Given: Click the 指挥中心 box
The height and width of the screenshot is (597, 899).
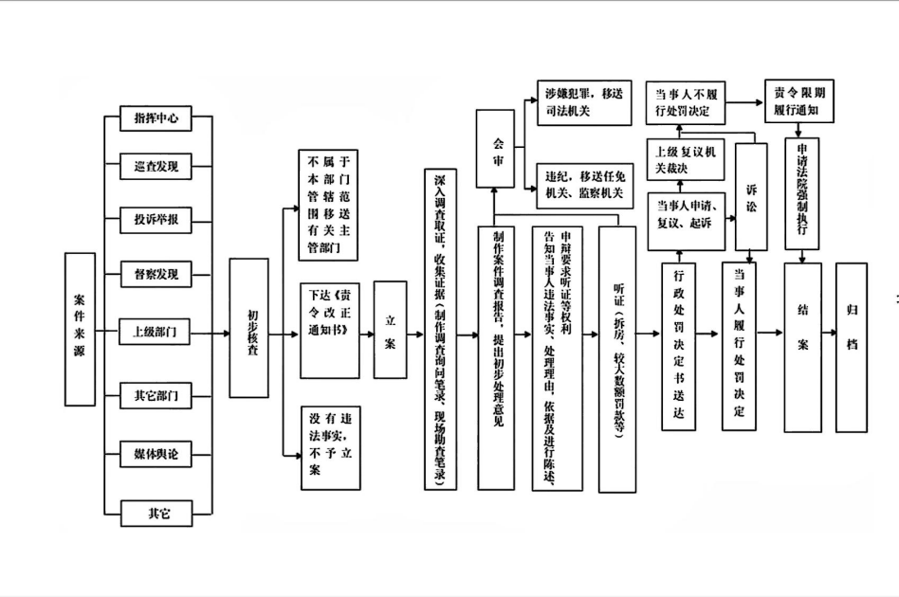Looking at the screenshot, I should coord(156,118).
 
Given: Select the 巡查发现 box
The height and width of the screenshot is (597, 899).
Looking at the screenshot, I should coord(156,168).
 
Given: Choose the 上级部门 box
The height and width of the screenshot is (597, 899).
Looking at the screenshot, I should coord(156,333).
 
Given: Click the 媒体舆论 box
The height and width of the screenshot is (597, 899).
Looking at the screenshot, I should coord(156,454).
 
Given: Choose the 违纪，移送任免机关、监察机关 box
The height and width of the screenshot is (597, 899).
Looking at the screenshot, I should coord(582,184).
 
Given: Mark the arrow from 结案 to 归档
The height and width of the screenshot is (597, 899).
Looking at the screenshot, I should coord(829,334).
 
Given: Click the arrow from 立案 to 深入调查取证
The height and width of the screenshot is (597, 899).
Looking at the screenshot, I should coord(415,334).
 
